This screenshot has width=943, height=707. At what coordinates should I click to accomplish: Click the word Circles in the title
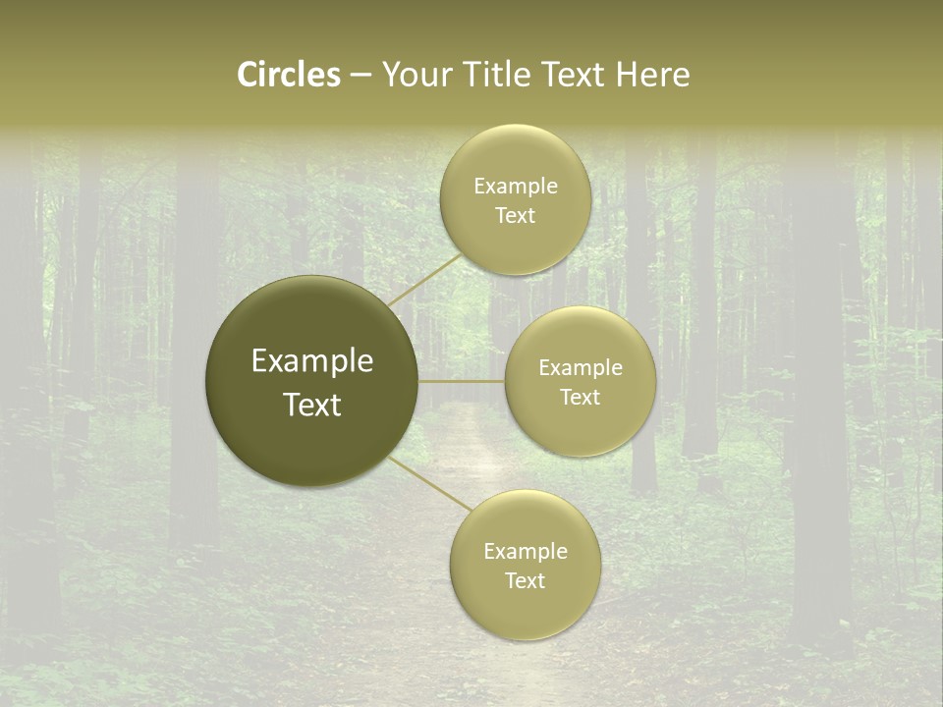[289, 75]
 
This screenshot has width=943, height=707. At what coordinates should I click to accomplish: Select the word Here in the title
[652, 75]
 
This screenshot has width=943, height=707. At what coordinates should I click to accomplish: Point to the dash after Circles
[361, 76]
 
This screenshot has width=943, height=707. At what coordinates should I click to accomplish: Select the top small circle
[515, 157]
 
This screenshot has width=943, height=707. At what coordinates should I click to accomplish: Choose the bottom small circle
[526, 609]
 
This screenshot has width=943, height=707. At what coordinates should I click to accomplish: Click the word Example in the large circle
[312, 361]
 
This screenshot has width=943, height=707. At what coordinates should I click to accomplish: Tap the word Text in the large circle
[312, 405]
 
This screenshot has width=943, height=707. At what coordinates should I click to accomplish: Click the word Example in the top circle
[515, 186]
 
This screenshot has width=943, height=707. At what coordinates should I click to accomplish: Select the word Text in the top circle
[515, 215]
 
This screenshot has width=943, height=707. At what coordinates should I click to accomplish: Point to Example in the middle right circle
[581, 367]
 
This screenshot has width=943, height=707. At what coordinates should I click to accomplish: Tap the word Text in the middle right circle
[581, 397]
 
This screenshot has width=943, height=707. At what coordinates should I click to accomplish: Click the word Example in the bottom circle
[526, 551]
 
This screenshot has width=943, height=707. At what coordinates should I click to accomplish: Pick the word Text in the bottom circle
[526, 580]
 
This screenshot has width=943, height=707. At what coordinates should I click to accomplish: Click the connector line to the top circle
[424, 280]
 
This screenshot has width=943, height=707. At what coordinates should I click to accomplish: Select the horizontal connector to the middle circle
[462, 381]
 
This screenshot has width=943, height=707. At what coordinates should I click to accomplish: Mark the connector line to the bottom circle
[430, 484]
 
